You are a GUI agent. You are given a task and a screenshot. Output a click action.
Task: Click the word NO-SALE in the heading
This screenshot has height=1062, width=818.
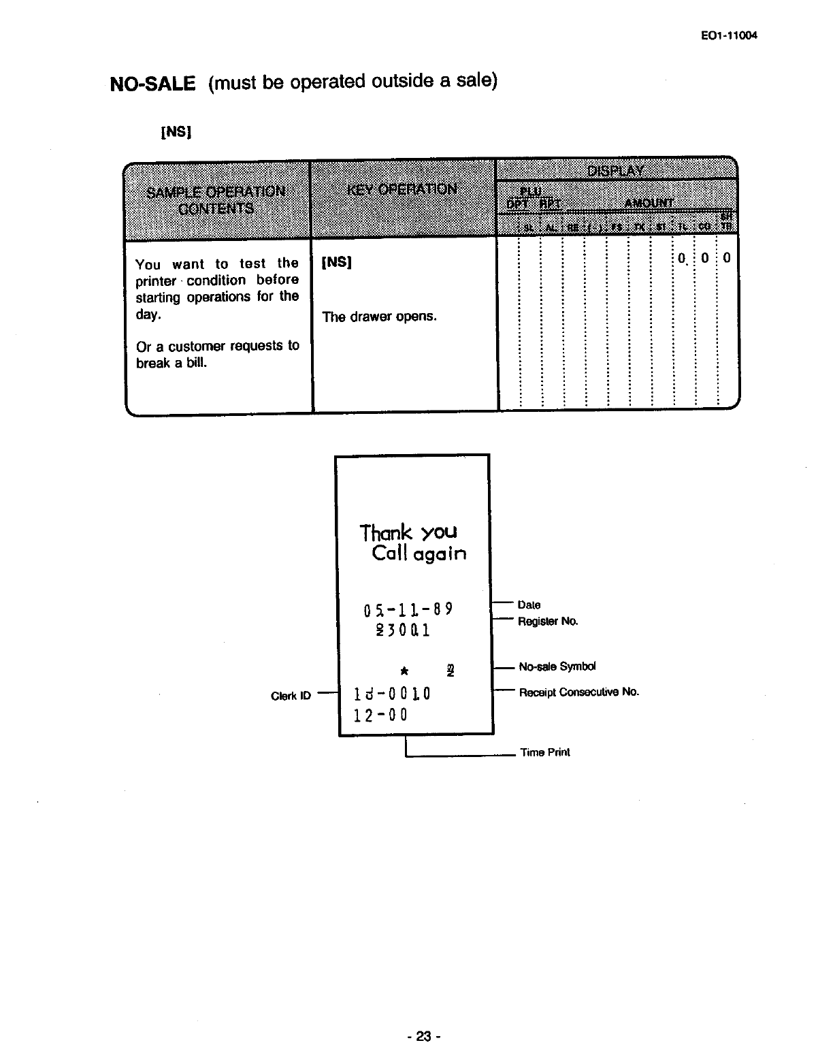coord(152,84)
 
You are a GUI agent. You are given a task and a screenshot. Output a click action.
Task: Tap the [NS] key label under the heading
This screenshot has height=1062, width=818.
coord(176,131)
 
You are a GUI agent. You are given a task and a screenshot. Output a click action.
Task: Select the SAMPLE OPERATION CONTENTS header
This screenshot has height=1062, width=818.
coord(216,199)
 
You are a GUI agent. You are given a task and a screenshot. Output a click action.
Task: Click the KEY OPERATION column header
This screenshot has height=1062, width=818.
coord(402,189)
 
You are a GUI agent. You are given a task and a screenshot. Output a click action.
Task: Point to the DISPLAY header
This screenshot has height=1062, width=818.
coord(617,170)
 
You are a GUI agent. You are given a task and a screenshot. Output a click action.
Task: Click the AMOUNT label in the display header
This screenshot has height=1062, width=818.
coord(649,203)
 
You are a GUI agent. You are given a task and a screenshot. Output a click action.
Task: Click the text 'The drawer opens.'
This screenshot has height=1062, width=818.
coord(379,317)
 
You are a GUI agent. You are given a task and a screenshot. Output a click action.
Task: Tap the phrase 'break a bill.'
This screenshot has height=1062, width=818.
coord(171,363)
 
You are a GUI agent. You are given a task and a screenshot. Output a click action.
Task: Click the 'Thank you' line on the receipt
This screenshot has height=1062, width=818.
coord(408,532)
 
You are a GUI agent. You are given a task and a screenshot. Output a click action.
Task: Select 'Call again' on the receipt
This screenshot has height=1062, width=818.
coord(419,553)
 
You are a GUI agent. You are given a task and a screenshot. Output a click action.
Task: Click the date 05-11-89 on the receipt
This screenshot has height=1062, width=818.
coord(408,608)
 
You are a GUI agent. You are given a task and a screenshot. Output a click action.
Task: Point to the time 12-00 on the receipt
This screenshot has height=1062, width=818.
coord(380,715)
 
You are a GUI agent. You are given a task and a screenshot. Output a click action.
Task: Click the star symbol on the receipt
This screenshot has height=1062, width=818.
coord(404,671)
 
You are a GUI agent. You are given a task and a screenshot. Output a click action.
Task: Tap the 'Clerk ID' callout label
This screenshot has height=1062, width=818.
coord(291,696)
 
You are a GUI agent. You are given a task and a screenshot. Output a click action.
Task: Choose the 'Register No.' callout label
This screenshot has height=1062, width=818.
coord(548,622)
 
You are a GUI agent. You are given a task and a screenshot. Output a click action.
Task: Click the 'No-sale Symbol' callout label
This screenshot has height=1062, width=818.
coord(557,667)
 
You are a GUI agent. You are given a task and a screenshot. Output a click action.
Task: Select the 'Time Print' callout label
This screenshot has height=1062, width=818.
coord(545,752)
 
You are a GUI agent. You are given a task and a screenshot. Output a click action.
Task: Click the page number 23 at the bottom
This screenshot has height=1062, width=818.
coord(424,1037)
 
